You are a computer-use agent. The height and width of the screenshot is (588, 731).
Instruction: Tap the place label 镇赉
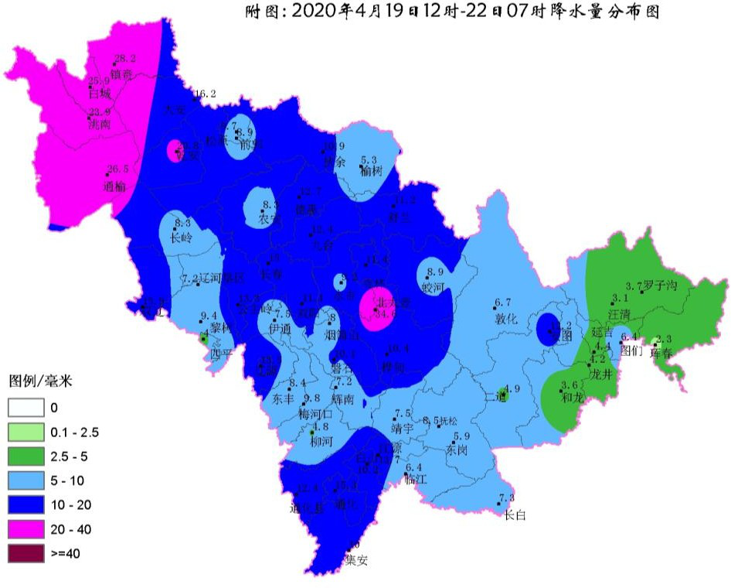pos(122,75)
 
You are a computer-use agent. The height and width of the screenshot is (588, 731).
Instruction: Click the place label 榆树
pos(372,171)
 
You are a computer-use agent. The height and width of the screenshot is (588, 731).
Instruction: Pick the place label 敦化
pos(505,318)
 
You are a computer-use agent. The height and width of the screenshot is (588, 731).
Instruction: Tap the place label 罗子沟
pos(661,286)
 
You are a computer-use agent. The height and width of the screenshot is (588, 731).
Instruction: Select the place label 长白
pos(514,514)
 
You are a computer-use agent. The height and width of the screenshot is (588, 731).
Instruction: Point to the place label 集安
pos(356,561)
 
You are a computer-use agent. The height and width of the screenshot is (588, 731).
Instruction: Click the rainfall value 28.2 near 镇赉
pos(124,59)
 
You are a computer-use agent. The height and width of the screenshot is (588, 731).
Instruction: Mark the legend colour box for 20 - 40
pos(25,529)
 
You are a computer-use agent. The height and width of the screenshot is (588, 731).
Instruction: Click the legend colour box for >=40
pos(25,553)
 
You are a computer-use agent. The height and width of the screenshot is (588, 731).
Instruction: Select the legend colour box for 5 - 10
pos(25,480)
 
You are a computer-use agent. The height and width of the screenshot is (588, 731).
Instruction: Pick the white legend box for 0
pos(25,407)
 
